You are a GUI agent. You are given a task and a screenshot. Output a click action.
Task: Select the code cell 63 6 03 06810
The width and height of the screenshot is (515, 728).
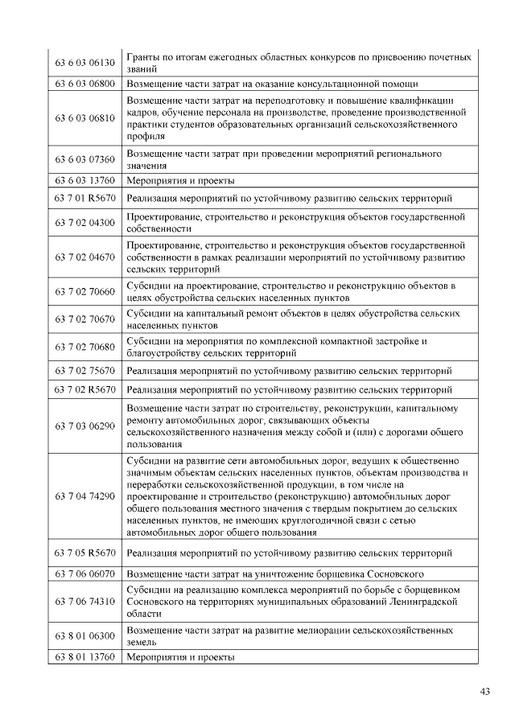84,118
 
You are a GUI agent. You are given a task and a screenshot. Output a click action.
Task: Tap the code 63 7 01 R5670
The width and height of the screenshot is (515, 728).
84,198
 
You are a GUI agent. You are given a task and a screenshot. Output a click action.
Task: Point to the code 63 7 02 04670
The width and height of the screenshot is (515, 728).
84,258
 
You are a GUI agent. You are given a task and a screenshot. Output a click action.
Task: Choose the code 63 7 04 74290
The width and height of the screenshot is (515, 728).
84,496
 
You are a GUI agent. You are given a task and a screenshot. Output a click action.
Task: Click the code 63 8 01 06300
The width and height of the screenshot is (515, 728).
84,635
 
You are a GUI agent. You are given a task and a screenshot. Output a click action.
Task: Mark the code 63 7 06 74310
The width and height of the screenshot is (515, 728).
84,601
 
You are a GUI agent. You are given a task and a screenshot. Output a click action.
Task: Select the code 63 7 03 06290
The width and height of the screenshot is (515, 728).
84,426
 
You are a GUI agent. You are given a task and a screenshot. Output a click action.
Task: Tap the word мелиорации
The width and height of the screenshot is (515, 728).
320,630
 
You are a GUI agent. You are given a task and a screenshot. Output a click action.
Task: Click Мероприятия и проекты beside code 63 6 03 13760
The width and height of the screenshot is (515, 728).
181,181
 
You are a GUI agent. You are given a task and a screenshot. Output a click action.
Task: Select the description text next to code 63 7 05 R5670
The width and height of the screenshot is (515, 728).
289,553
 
